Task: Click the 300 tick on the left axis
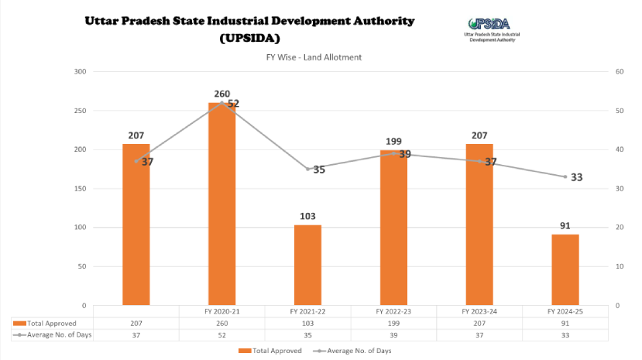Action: click(x=79, y=71)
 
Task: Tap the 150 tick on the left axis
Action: click(x=79, y=188)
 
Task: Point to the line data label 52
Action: click(x=233, y=103)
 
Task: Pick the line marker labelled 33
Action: click(x=565, y=177)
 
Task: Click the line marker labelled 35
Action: click(x=307, y=169)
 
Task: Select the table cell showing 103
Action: click(x=307, y=322)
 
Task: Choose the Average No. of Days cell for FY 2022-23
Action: click(x=393, y=334)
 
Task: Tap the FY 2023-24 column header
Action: click(x=479, y=310)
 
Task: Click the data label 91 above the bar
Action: click(x=565, y=225)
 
